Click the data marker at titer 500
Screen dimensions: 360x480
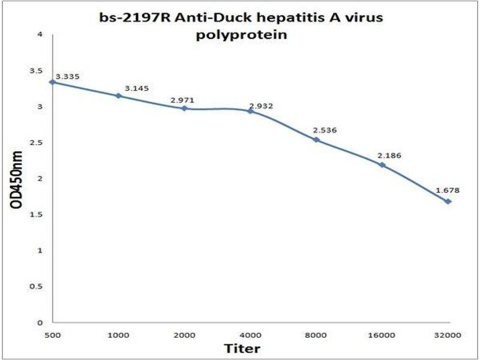[53, 82]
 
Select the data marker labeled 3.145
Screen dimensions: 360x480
[119, 95]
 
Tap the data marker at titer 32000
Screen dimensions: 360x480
[448, 201]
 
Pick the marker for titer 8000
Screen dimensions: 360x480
[316, 140]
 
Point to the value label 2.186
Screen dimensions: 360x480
[389, 155]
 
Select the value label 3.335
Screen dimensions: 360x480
[67, 77]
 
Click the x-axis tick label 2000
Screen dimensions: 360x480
[184, 334]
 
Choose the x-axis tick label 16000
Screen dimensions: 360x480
[382, 334]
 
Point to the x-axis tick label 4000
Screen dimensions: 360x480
[250, 334]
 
